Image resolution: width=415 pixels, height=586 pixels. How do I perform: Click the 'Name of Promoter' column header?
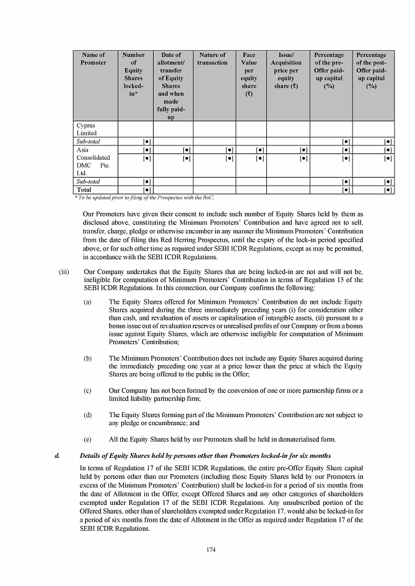(x=93, y=59)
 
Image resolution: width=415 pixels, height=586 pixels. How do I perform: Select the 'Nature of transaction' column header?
(x=212, y=59)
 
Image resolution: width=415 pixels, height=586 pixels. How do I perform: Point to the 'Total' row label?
(x=84, y=189)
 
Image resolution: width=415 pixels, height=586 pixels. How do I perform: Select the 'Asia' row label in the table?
(x=82, y=150)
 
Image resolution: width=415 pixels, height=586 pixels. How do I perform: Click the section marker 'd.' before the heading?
(x=57, y=456)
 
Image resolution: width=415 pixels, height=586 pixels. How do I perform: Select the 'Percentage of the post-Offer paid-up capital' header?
(x=371, y=71)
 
